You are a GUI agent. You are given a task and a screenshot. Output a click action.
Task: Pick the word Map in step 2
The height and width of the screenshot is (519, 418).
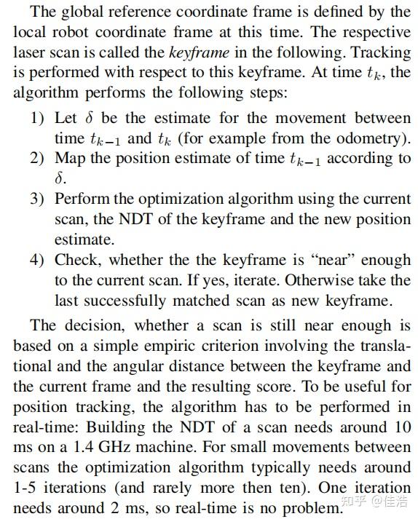click(69, 158)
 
